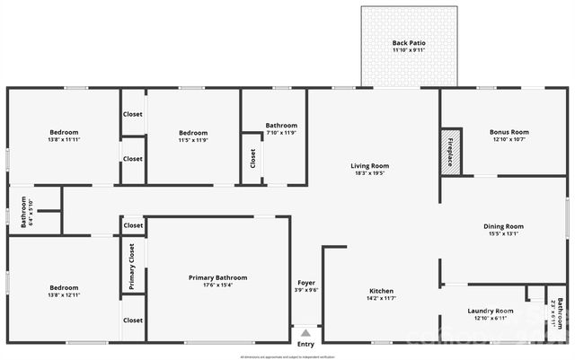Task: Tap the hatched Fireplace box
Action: pos(451,151)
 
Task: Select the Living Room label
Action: pos(369,165)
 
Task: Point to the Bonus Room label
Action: pos(509,132)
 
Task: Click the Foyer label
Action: pos(306,282)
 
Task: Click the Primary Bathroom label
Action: pos(217,277)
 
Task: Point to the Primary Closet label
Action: pos(131,265)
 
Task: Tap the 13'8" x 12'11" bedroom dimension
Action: pos(65,294)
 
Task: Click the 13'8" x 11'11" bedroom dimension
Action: pos(65,139)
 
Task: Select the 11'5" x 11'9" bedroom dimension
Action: pos(193,139)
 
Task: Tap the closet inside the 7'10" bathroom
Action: pos(252,159)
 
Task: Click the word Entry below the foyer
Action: pos(306,344)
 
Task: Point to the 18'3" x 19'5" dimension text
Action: pos(369,173)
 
